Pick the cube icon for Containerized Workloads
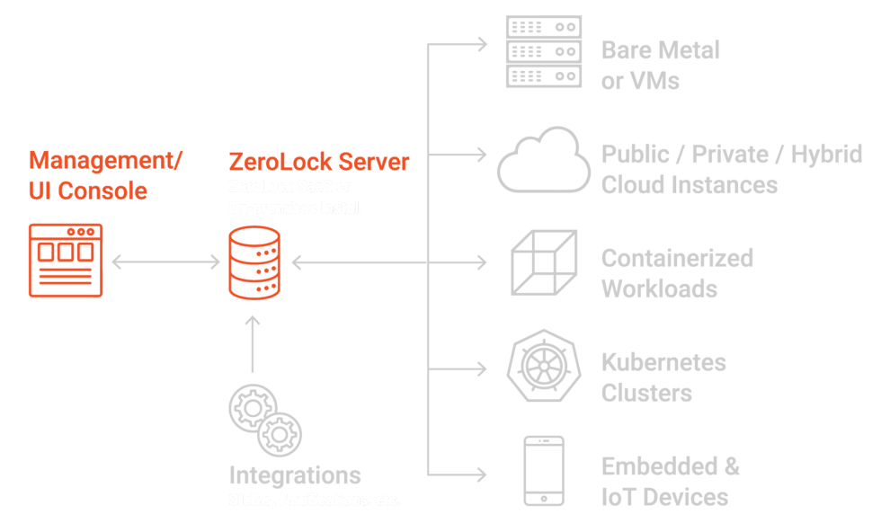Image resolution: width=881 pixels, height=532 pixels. pos(543,263)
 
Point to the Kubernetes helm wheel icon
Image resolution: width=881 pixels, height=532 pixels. pos(543,369)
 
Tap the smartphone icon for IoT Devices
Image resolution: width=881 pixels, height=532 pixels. pos(543,471)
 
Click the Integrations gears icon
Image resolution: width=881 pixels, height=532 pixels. pos(263,421)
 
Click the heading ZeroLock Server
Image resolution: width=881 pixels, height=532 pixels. pos(319,162)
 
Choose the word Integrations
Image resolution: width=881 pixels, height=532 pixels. pos(295,475)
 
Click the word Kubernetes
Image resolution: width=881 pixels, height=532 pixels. pos(663,363)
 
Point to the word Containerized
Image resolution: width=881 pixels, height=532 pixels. pos(677,259)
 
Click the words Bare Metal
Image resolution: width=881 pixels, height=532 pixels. pos(661,50)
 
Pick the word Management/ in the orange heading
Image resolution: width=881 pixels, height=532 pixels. pos(105,161)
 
